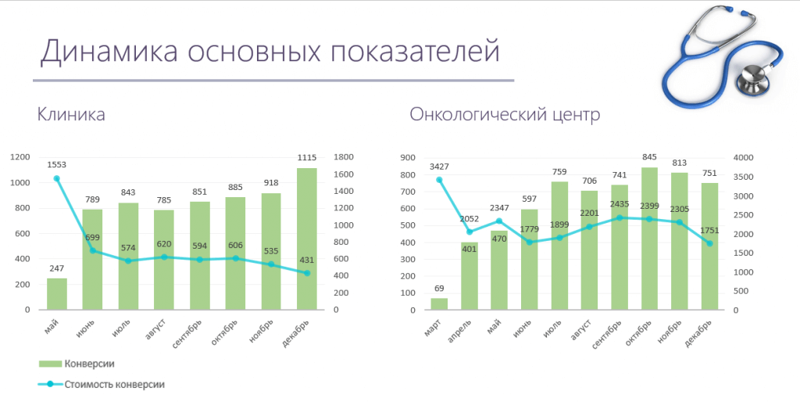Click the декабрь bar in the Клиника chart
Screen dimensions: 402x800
pos(307,239)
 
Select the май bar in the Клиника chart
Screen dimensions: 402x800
pos(56,293)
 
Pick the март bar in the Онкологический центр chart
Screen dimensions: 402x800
pos(439,303)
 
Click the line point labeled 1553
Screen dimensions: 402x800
pos(56,178)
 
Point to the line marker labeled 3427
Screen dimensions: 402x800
pos(439,180)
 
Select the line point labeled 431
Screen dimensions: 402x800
pos(307,273)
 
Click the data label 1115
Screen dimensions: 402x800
pos(307,158)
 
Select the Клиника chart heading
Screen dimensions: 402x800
pos(71,115)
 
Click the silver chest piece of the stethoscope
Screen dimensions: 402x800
pos(755,75)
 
